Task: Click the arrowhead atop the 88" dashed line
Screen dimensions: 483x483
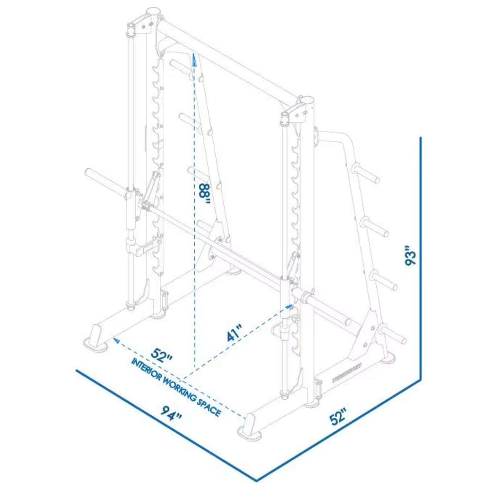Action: (194, 60)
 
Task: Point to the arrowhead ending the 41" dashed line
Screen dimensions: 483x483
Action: (288, 307)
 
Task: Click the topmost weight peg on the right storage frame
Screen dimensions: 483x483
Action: (366, 173)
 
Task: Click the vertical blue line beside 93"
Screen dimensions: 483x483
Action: (420, 258)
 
